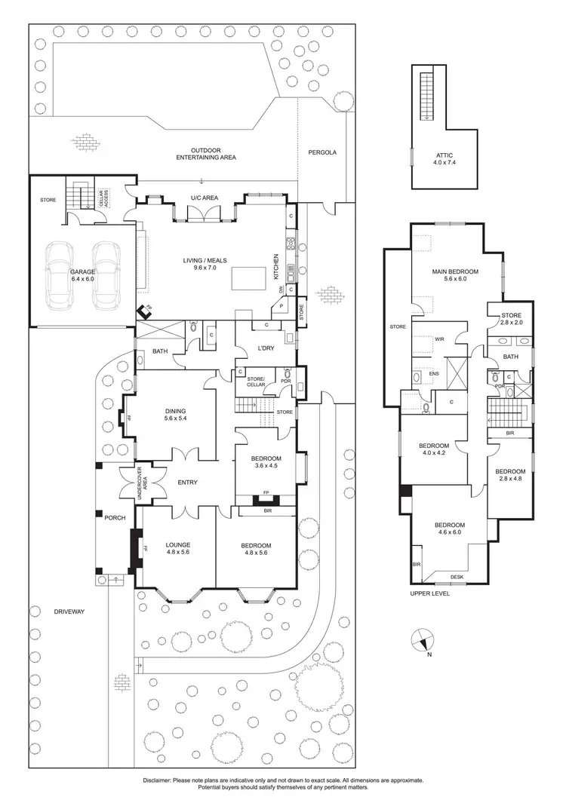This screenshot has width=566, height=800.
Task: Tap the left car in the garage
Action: point(59,275)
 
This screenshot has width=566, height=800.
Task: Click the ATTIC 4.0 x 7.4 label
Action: point(446,158)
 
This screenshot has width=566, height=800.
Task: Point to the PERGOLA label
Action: point(322,152)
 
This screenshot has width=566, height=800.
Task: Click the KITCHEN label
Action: point(277,268)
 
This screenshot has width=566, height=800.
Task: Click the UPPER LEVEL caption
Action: point(431,594)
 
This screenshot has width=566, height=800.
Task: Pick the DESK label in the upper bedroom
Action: point(457,578)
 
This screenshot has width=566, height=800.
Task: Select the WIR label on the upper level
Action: point(438,340)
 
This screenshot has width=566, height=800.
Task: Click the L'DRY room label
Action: point(266,348)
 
